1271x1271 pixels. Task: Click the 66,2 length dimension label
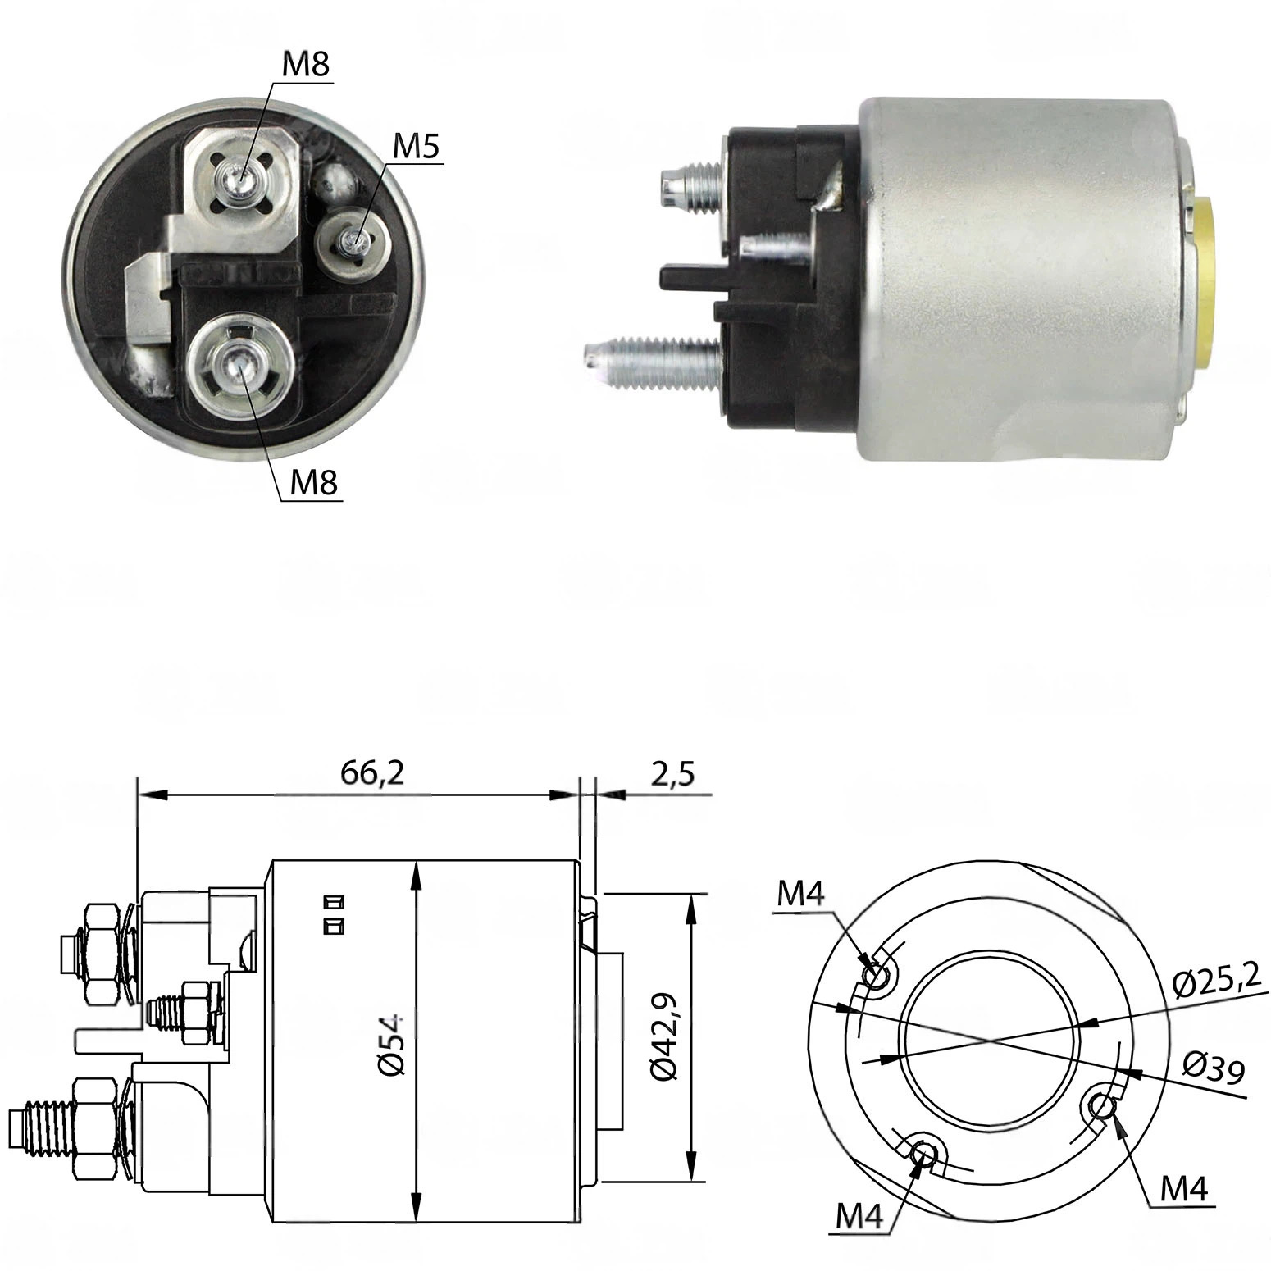click(x=373, y=774)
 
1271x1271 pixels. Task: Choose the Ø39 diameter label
click(x=1214, y=1067)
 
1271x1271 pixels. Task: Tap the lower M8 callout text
click(x=314, y=483)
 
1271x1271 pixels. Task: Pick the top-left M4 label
click(x=801, y=895)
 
